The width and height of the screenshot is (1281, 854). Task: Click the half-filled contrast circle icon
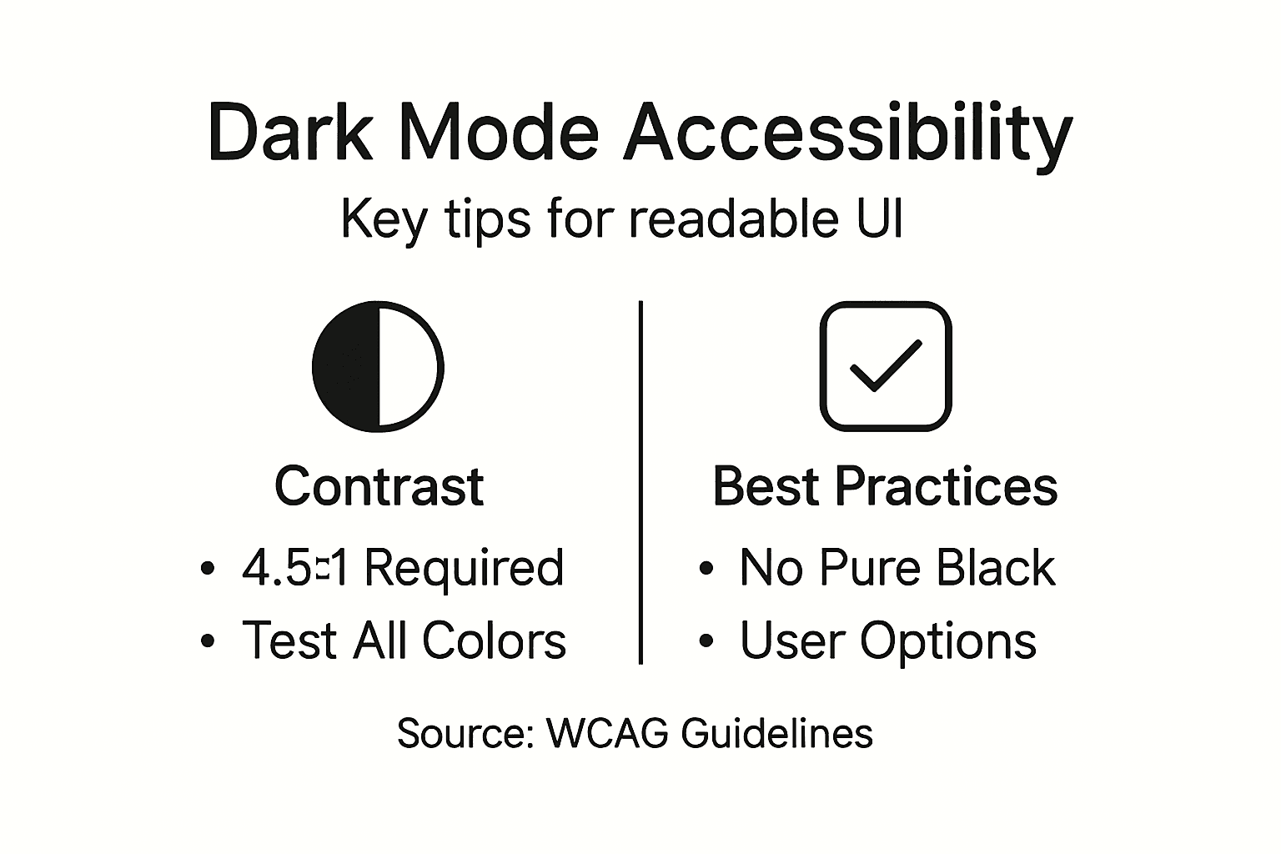click(378, 367)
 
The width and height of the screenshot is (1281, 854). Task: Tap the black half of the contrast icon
click(347, 367)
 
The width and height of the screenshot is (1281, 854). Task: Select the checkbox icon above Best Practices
click(886, 367)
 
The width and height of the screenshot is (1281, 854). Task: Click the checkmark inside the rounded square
click(885, 366)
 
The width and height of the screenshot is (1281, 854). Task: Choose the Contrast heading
click(379, 486)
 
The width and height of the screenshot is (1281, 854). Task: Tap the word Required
click(465, 568)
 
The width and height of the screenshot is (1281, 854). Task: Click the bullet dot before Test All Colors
click(208, 640)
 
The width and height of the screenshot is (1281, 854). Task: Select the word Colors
click(494, 640)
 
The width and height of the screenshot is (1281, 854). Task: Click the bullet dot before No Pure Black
click(706, 568)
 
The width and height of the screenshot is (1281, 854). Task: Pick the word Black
click(996, 568)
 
